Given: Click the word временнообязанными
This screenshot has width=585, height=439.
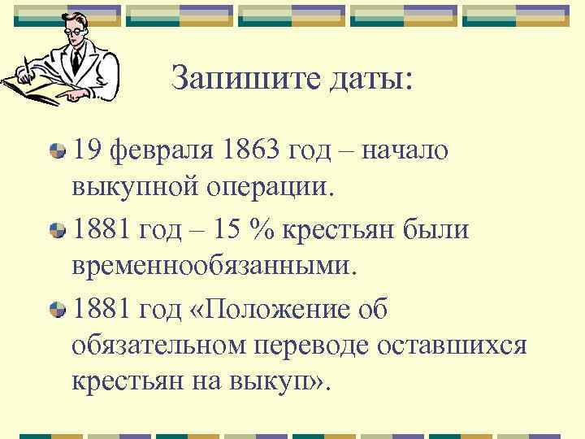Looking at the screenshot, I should click(x=214, y=268).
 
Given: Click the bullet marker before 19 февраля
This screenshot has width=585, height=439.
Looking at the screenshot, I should click(x=57, y=151).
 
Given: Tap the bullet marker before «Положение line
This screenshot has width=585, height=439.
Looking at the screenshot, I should click(x=57, y=309).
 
